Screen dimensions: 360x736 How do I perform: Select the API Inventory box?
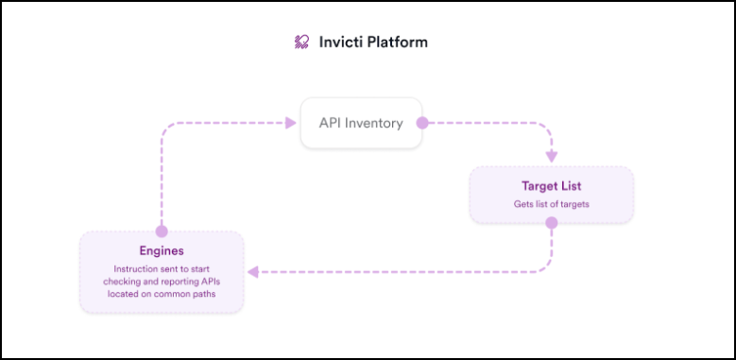tap(360, 123)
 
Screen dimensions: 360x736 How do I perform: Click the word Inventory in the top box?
tap(374, 123)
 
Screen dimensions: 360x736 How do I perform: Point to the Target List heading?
tap(551, 186)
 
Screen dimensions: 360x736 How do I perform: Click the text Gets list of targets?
tap(551, 203)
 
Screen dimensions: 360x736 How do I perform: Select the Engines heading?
tap(162, 252)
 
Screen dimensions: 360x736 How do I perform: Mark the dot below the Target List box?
tap(551, 224)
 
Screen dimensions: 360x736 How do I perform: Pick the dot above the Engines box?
tap(162, 231)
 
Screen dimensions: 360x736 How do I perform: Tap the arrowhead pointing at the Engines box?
tap(252, 272)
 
